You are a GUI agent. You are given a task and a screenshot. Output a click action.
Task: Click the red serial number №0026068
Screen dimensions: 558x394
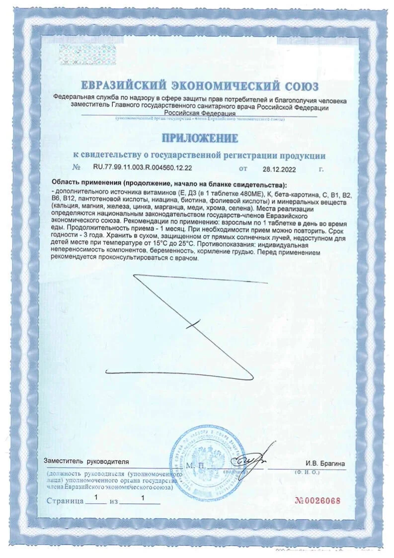point(318,500)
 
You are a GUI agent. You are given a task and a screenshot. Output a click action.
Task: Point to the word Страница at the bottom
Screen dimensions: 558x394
point(65,501)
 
